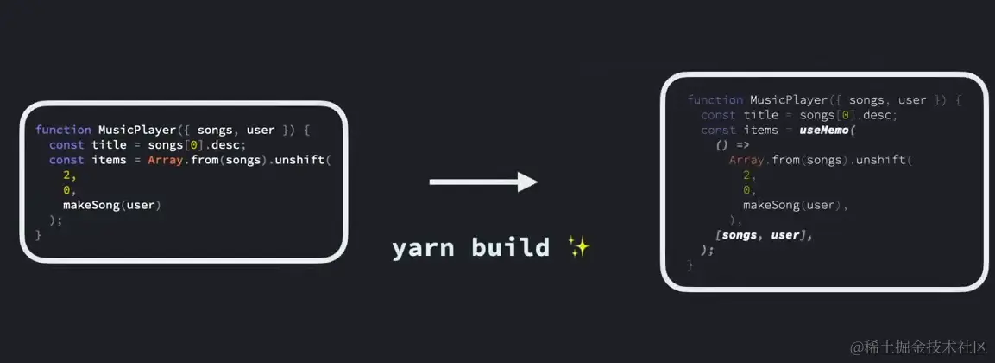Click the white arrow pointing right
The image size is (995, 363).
[x=483, y=181]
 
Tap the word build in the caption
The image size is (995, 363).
[x=510, y=248]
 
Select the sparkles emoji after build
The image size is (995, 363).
[x=578, y=248]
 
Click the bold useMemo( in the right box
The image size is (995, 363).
[x=826, y=131]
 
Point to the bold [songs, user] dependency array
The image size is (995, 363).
[x=764, y=235]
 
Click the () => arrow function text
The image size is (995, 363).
[x=732, y=145]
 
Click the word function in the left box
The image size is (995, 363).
[x=63, y=130]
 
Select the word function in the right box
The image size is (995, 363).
[x=715, y=100]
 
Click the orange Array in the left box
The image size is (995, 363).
[x=164, y=160]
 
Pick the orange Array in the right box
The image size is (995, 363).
[x=746, y=160]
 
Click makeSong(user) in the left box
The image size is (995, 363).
[x=111, y=205]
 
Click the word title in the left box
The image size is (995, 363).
[x=109, y=144]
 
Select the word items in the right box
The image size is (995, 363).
[x=760, y=131]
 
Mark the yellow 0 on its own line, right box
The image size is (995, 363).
[x=746, y=190]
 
